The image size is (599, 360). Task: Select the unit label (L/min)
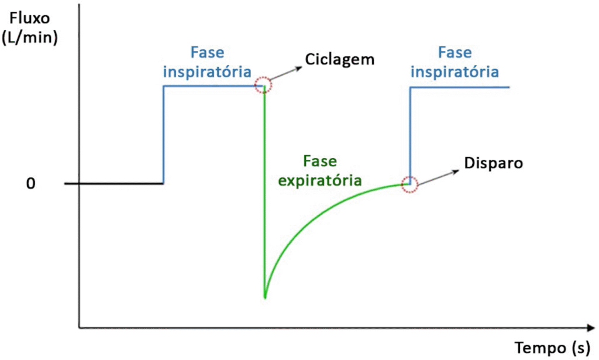29,39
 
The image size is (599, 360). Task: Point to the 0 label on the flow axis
31,184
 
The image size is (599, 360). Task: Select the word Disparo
493,162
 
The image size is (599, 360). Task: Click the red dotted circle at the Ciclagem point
264,85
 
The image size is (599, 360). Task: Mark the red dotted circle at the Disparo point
409,184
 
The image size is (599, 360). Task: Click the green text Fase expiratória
319,171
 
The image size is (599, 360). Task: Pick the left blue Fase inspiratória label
207,62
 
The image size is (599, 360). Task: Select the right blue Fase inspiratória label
455,62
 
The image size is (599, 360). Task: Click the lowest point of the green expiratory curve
265,297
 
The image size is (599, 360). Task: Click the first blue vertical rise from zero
163,135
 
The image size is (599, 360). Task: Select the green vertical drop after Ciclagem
264,193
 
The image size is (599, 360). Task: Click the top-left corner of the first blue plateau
164,87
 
